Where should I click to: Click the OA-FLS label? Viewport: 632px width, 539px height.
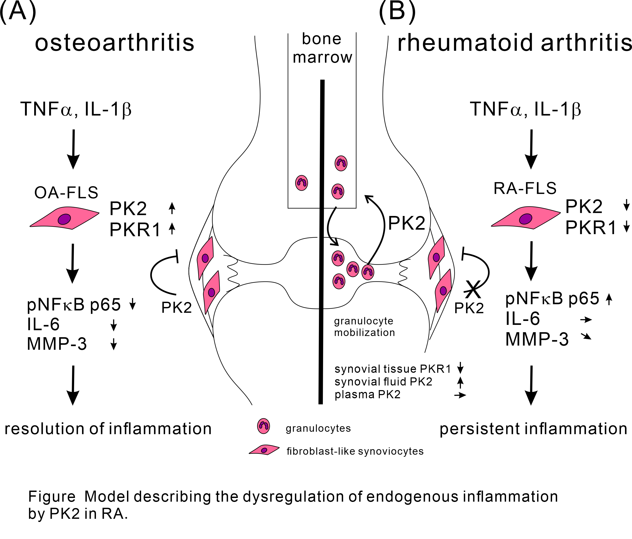[x=66, y=193]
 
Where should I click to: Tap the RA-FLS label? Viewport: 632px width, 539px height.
[x=525, y=188]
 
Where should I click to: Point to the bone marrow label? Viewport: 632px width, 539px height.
[x=322, y=48]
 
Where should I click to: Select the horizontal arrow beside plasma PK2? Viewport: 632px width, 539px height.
[x=460, y=395]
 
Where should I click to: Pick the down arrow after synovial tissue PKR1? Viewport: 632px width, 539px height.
[x=460, y=368]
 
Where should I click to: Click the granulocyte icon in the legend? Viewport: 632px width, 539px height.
[x=263, y=426]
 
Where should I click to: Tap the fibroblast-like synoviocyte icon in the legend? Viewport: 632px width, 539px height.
[x=264, y=450]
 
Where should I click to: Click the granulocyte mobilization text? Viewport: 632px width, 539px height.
[x=364, y=326]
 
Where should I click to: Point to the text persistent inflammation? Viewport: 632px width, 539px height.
[x=533, y=429]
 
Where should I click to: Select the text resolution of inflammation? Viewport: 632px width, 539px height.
[x=108, y=429]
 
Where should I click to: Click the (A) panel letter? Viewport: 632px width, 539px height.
[x=18, y=12]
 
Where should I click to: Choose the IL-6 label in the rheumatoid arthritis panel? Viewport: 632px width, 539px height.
[x=522, y=319]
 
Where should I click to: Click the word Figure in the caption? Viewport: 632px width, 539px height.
[x=52, y=496]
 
